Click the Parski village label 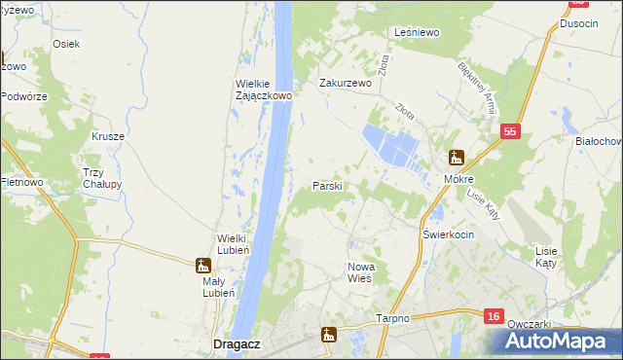(326, 186)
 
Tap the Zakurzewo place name (347, 84)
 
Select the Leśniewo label (418, 32)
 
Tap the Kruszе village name (108, 136)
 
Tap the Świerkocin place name (448, 235)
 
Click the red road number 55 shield (510, 131)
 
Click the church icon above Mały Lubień (202, 265)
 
